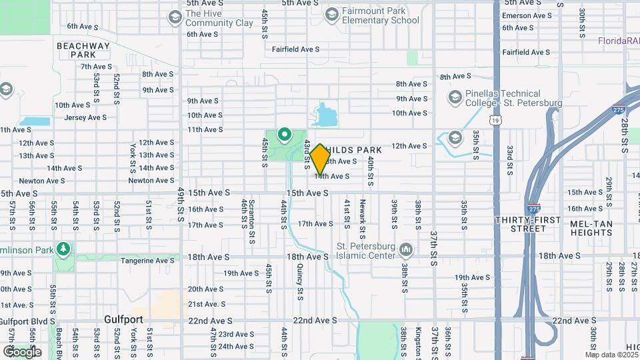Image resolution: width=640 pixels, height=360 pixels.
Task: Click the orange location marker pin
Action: point(320,159)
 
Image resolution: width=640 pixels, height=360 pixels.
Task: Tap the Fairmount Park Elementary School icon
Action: point(331,15)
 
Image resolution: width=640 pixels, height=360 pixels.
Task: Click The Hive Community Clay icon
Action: point(175,17)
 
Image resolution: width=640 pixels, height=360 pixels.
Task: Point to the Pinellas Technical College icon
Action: point(455,97)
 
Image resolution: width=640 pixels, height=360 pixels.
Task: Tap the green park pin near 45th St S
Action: point(285,136)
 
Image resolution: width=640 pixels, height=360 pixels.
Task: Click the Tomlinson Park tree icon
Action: point(63,249)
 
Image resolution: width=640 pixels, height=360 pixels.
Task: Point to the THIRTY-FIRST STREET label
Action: point(528,224)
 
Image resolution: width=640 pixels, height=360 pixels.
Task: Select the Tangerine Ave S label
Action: point(147,261)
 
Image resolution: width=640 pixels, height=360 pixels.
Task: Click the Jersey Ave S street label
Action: point(85,117)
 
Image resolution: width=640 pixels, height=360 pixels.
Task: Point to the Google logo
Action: point(22,351)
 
